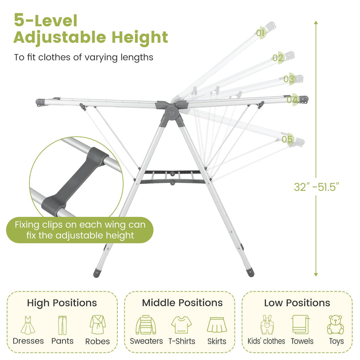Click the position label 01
(260, 33)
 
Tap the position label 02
(278, 58)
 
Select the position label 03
(289, 79)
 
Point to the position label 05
(287, 139)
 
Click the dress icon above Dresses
(28, 325)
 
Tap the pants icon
(62, 325)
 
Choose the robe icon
(98, 325)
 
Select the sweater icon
(146, 325)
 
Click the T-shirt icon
(182, 325)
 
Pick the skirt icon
(217, 325)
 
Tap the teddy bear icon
(335, 325)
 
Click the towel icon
(300, 325)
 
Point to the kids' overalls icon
(267, 325)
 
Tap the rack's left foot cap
(97, 272)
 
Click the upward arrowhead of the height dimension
(316, 22)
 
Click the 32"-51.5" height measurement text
(316, 187)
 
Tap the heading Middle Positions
(182, 303)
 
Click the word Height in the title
(140, 37)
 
